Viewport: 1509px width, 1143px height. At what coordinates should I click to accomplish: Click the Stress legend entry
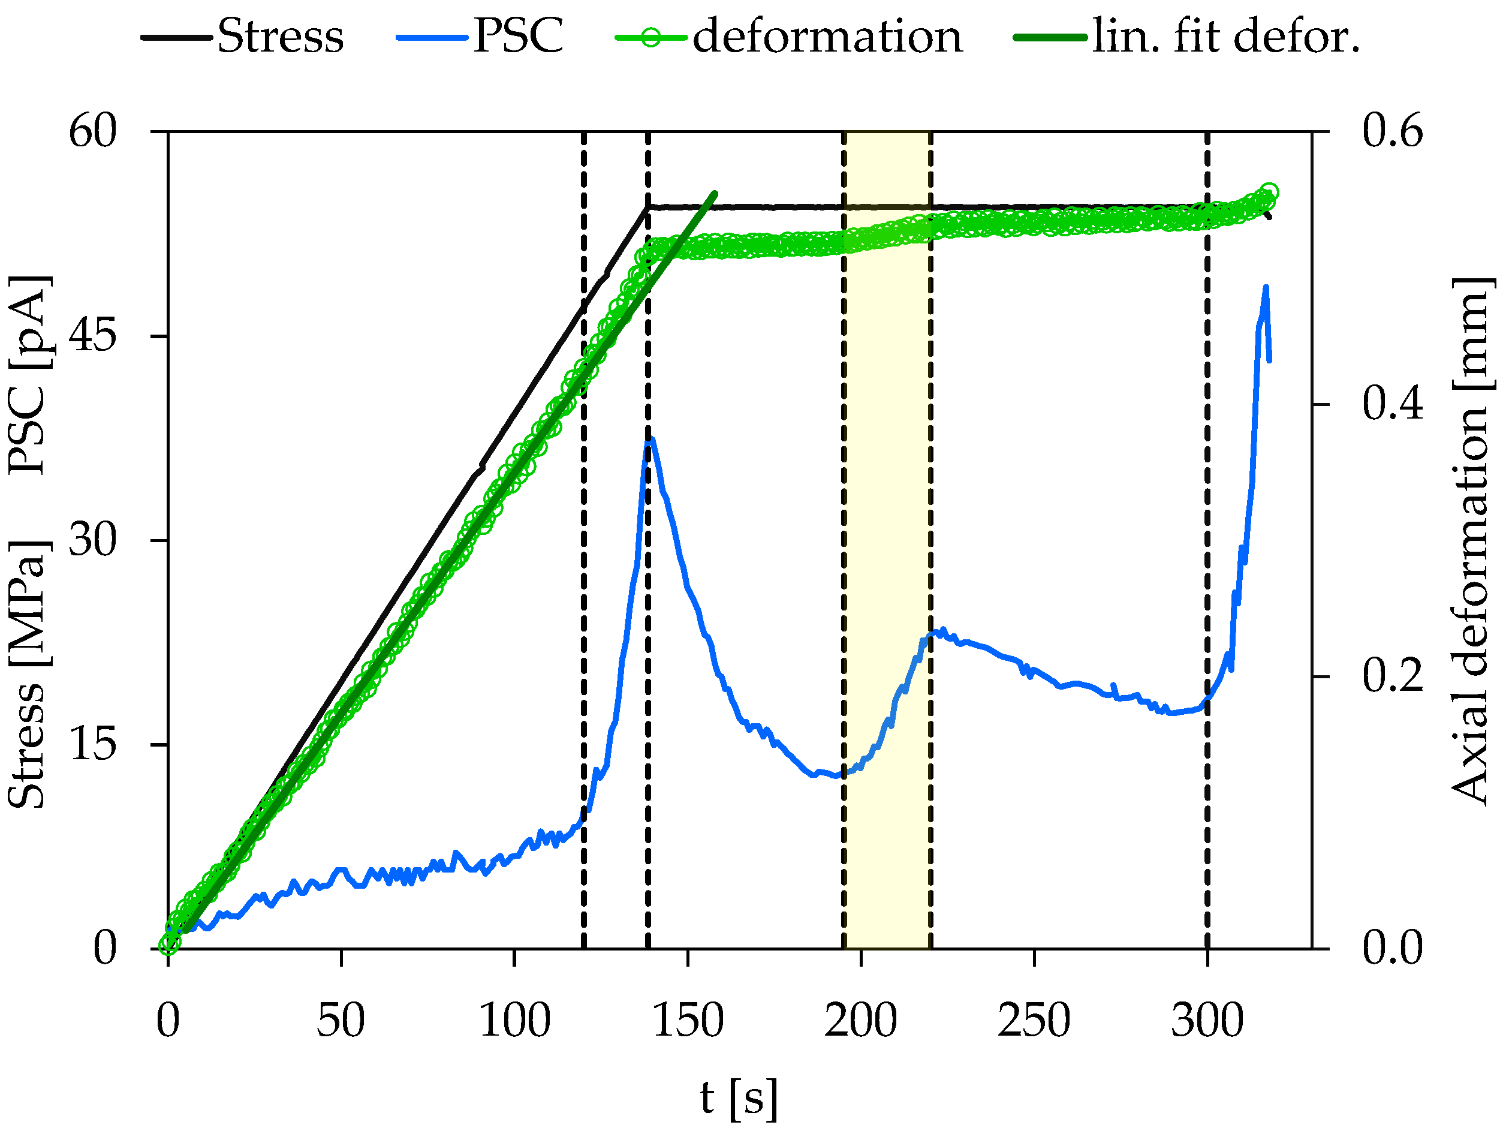pos(243,36)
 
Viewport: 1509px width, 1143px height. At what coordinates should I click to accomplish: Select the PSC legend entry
pos(481,36)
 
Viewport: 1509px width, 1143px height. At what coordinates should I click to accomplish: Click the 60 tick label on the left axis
pos(93,130)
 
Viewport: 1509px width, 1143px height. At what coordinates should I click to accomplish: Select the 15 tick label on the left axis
pos(93,744)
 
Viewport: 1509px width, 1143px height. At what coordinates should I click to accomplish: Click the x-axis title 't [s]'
pos(738,1099)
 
